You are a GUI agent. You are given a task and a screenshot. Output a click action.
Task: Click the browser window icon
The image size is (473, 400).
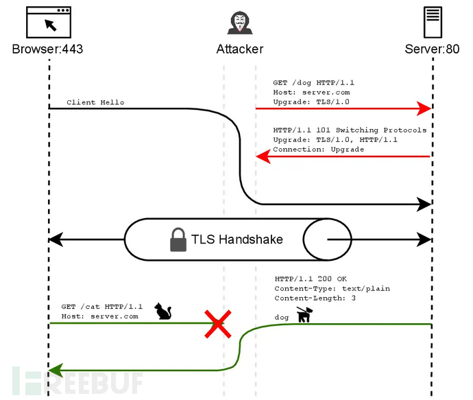tap(49, 23)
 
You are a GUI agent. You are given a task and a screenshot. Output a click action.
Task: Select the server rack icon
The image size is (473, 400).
tap(432, 23)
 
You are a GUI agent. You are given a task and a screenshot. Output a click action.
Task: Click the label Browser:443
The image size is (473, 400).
tap(48, 49)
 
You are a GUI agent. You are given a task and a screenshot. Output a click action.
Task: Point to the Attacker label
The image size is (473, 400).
tap(239, 49)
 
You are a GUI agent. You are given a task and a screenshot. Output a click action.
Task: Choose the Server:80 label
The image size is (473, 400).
tap(432, 49)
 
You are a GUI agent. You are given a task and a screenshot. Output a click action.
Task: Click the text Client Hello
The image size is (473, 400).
tap(95, 102)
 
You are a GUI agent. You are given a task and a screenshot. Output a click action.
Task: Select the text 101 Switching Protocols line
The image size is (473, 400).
tap(350, 130)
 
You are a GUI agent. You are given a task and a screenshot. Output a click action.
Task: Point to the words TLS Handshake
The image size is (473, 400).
tap(238, 239)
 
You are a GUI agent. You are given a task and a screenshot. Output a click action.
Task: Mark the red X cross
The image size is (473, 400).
tap(218, 323)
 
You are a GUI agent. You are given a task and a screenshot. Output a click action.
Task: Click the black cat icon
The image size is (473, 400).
tap(162, 311)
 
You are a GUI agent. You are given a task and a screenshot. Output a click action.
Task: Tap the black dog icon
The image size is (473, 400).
tap(304, 314)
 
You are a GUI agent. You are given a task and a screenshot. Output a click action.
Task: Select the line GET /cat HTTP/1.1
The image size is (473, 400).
tap(101, 306)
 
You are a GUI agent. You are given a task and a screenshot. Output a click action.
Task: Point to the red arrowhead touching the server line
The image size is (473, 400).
tap(424, 108)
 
